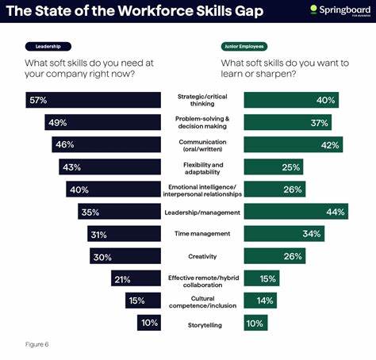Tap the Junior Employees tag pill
244,46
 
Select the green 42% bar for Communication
293,144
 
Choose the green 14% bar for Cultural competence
260,301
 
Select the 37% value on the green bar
318,122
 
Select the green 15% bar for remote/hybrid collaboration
262,278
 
